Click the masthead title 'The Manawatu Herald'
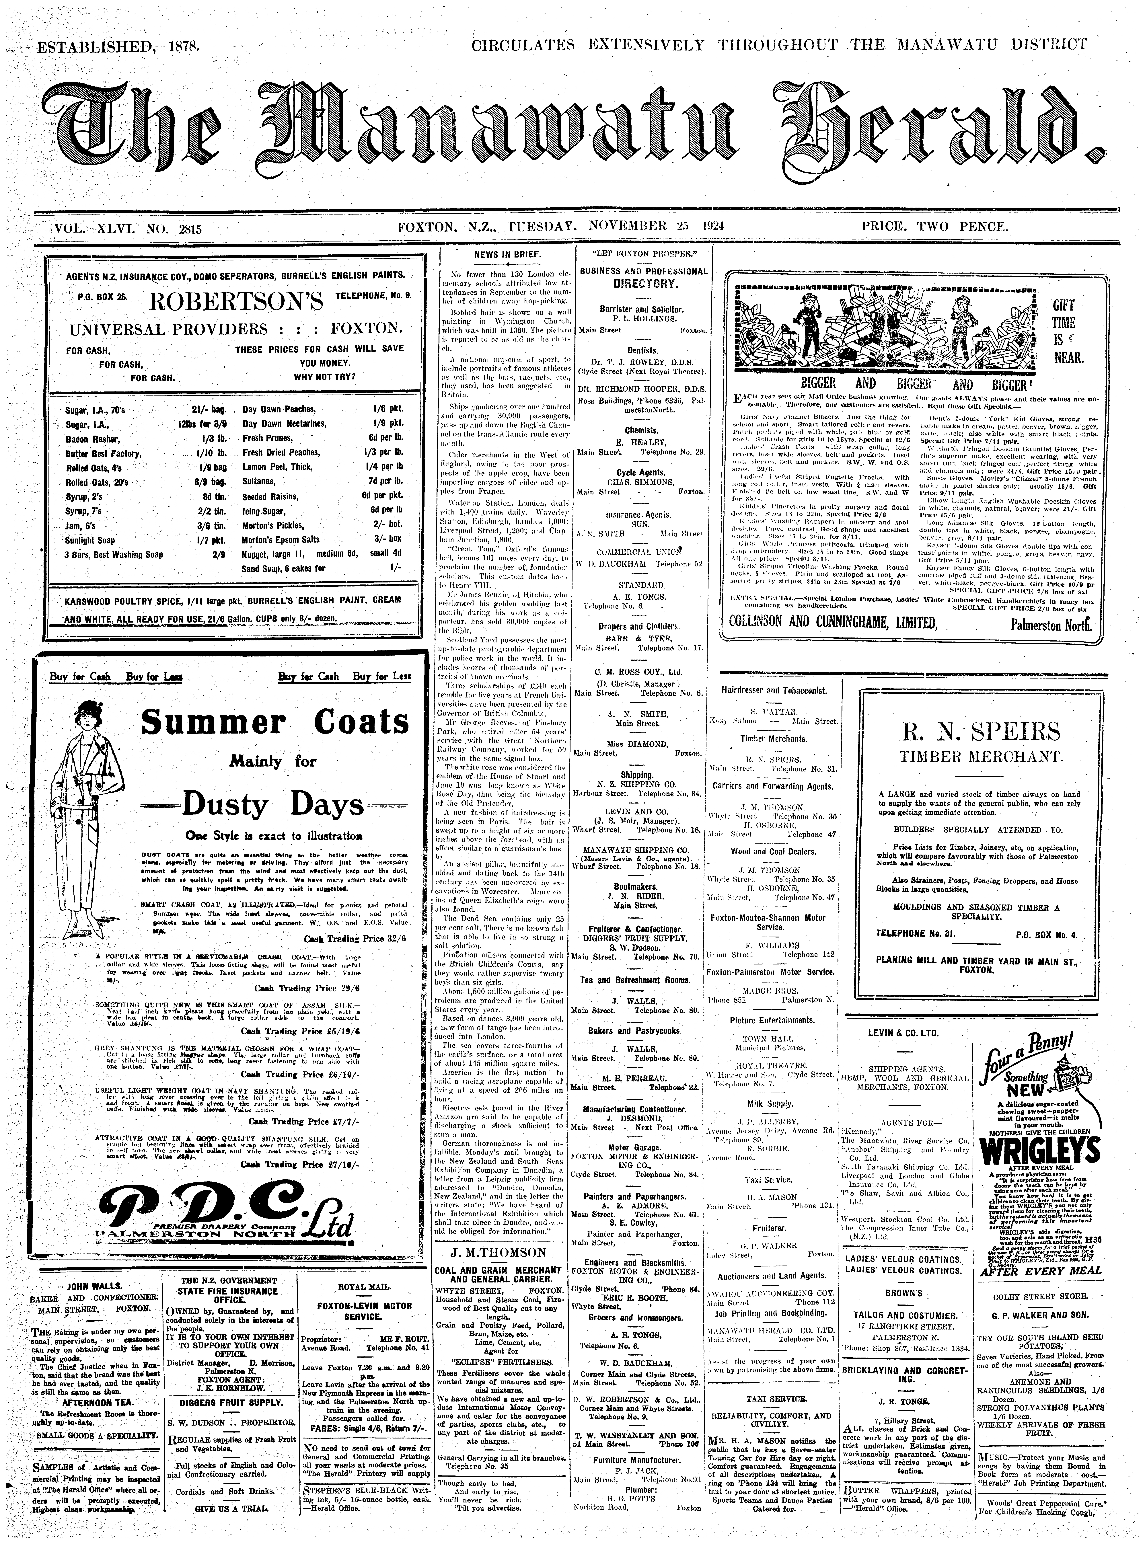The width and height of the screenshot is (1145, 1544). tap(572, 135)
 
